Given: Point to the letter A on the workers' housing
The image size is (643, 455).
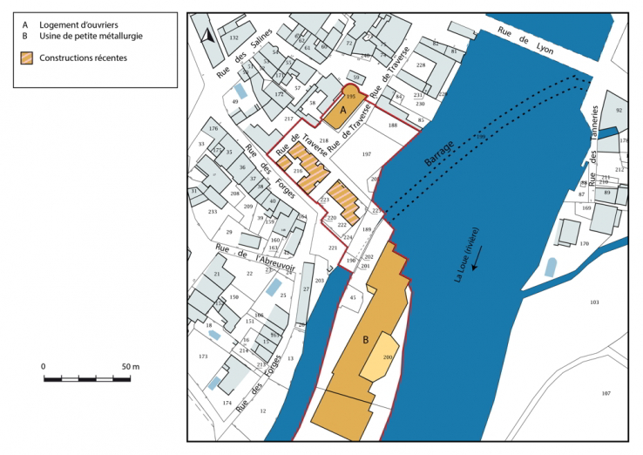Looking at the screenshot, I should [342, 112].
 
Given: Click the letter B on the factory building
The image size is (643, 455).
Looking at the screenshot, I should [366, 339].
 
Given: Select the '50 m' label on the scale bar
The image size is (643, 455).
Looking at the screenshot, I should [130, 367].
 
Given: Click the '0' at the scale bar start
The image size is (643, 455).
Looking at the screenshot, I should [44, 367].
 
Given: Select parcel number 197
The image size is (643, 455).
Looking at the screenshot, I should [366, 154].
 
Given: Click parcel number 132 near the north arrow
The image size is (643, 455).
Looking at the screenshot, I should [233, 38].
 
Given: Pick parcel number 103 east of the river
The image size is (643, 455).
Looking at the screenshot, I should [594, 302].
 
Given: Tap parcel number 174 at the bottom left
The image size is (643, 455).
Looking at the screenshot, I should [227, 403].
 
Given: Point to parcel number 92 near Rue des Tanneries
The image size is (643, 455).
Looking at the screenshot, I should [619, 111].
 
